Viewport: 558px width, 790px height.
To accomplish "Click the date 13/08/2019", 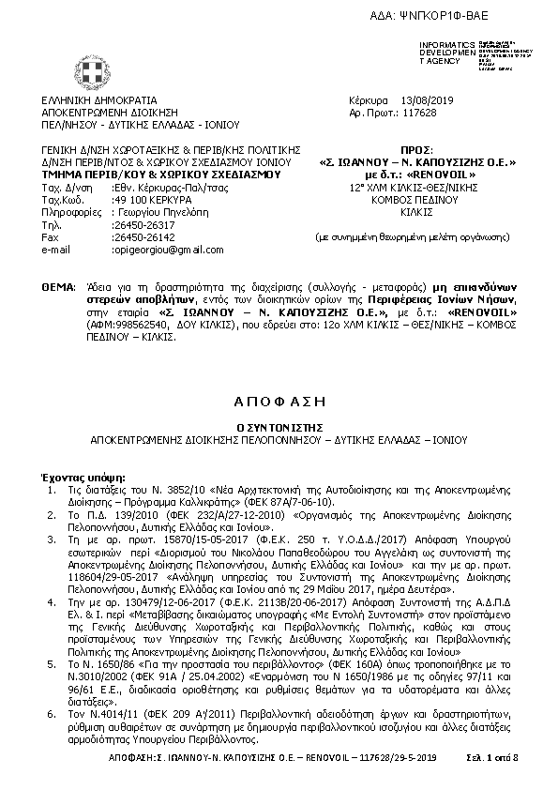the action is (x=427, y=99).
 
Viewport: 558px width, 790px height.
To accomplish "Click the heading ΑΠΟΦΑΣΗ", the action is (x=279, y=400).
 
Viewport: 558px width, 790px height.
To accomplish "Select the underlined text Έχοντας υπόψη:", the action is (x=76, y=466).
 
